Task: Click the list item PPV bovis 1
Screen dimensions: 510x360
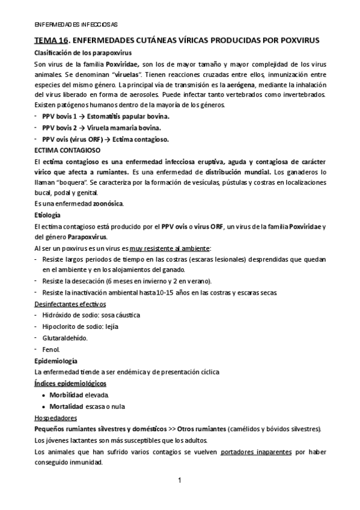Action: (59, 117)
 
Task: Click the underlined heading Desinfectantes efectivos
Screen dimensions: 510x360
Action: (70, 304)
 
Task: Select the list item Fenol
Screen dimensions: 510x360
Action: (51, 349)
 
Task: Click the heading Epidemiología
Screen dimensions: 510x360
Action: (55, 361)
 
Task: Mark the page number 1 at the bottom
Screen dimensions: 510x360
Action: (180, 480)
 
